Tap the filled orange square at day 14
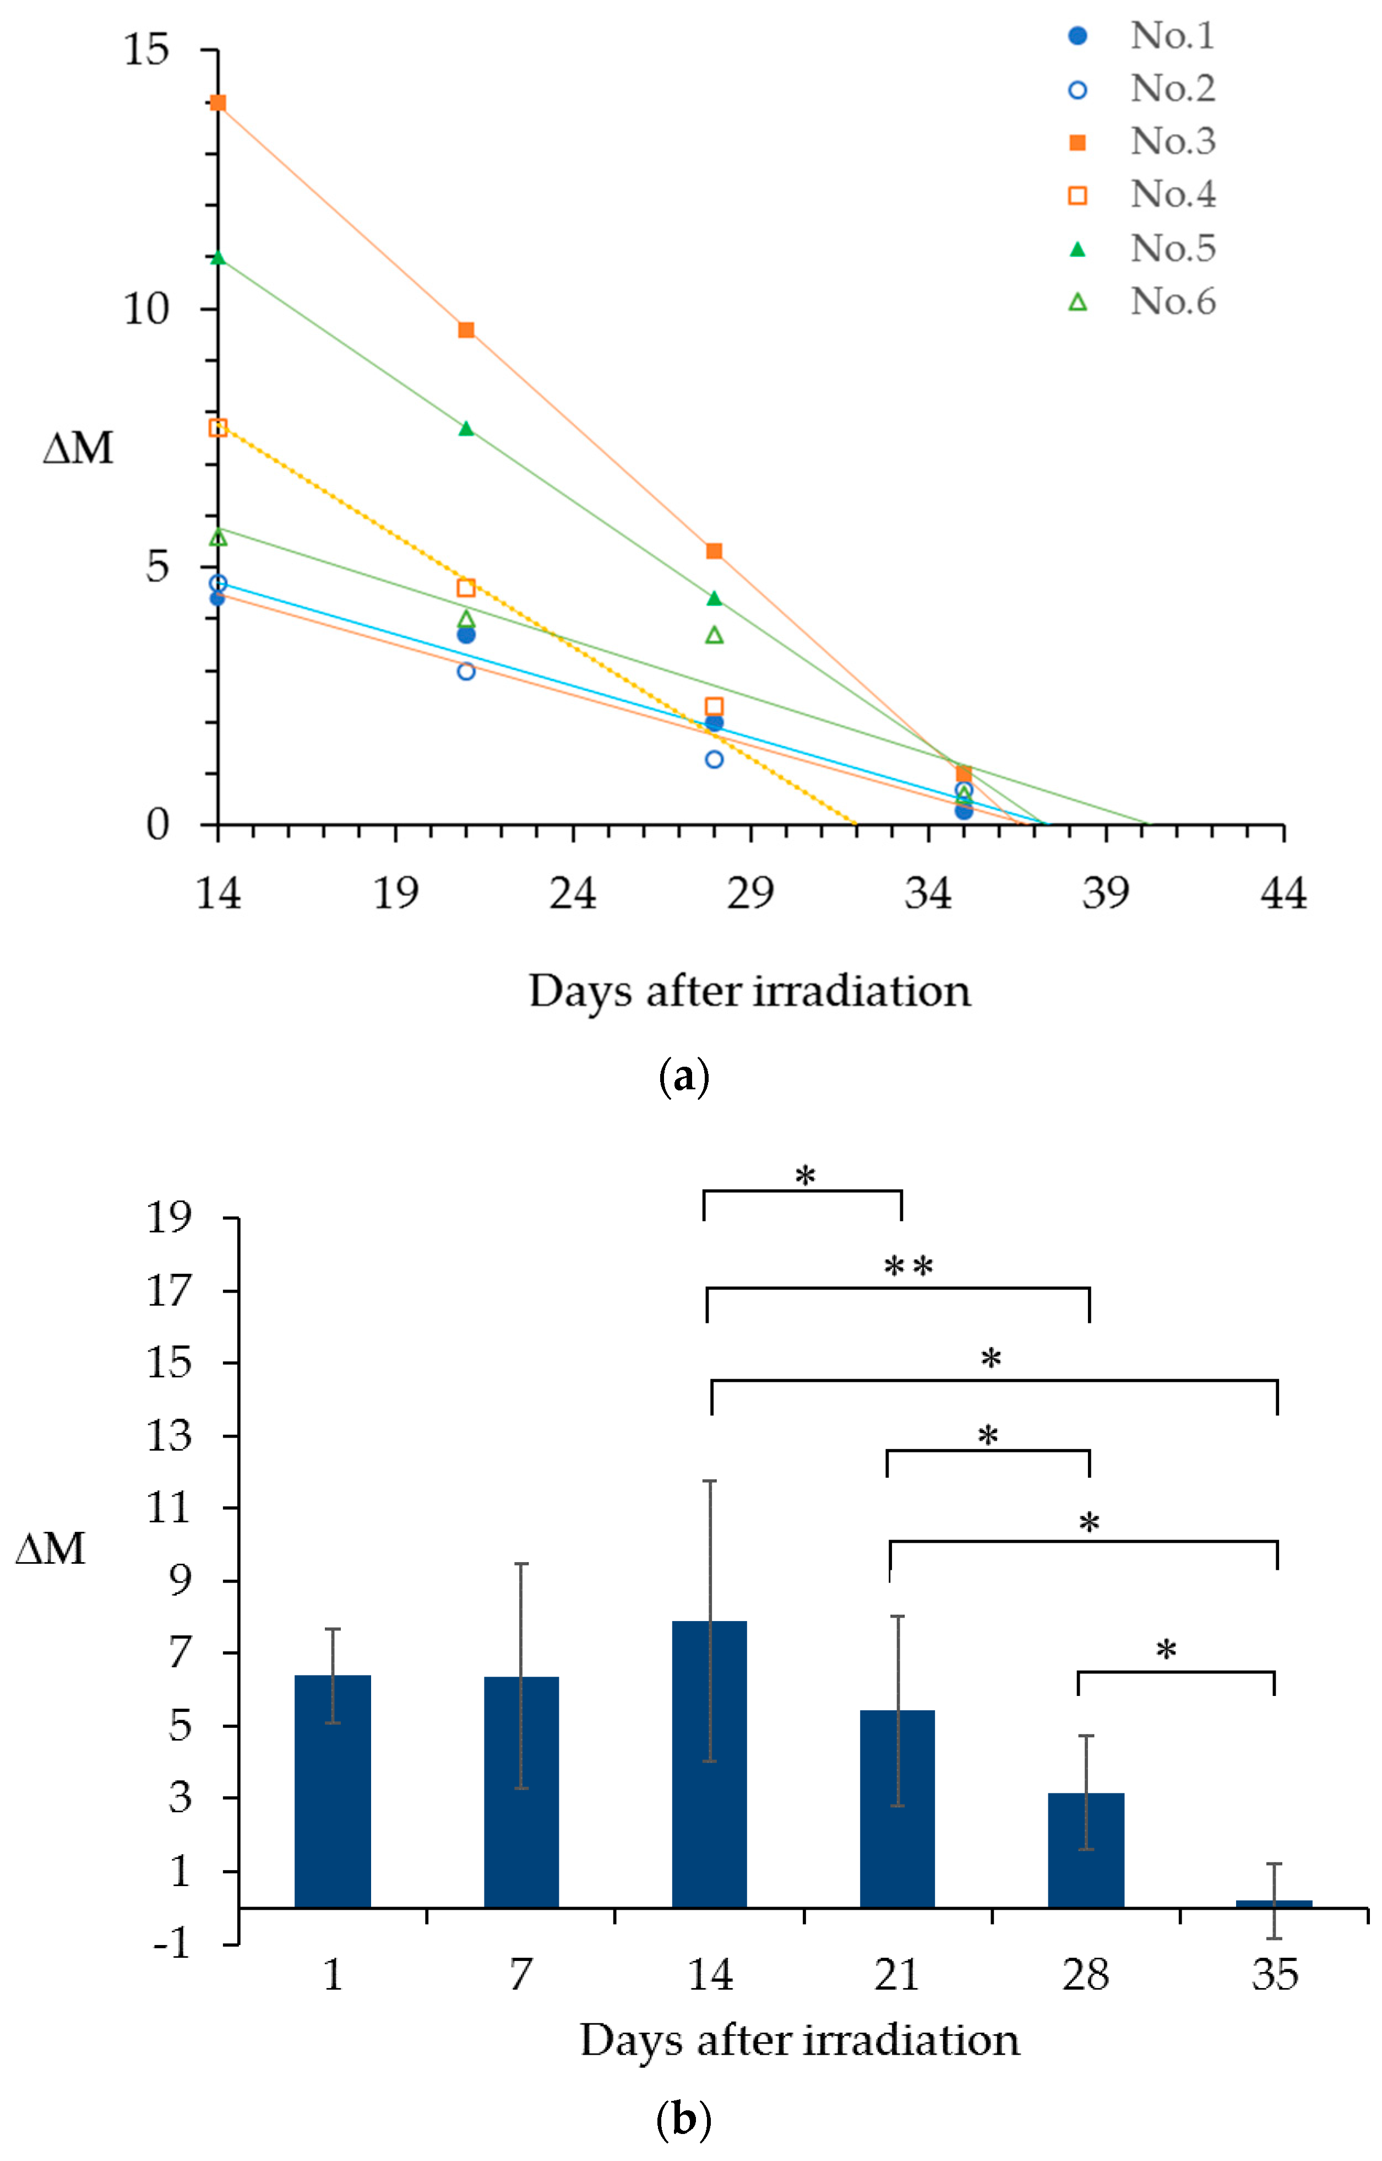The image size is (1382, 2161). coord(218,102)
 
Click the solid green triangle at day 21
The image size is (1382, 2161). coord(466,428)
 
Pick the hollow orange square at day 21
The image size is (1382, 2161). coord(466,588)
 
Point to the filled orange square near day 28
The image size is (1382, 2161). coord(714,550)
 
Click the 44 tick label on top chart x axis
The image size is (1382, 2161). coord(1283,893)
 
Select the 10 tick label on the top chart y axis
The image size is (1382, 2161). coord(146,310)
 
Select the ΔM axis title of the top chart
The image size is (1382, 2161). coord(79,447)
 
